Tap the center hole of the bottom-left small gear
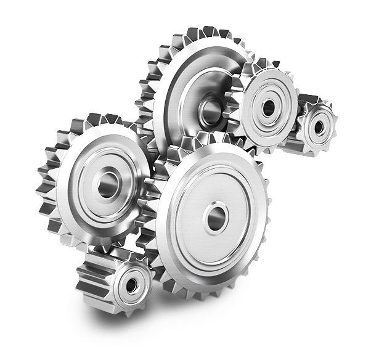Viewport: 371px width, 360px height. pos(131,285)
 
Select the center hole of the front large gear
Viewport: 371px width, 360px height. pos(215,218)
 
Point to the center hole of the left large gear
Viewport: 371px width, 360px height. pos(108,184)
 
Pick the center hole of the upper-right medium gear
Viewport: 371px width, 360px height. pos(268,108)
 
